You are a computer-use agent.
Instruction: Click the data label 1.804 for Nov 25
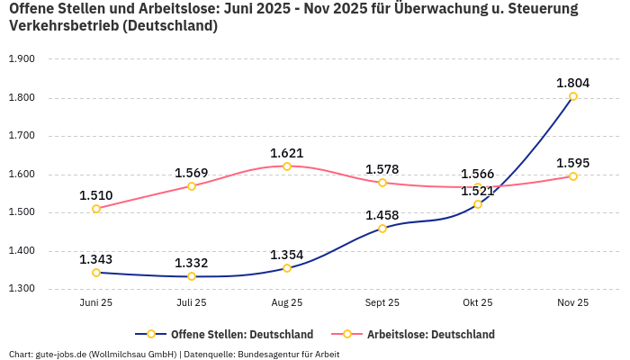coord(572,83)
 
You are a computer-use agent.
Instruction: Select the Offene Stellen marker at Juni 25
coord(96,273)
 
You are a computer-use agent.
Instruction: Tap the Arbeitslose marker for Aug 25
coord(287,166)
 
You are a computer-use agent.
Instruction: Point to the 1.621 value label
coord(287,153)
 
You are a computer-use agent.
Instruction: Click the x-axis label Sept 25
coord(382,303)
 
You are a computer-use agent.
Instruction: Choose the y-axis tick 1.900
coord(21,59)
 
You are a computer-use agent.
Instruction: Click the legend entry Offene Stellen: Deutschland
coord(232,335)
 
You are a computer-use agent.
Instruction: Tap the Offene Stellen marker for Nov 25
coord(572,96)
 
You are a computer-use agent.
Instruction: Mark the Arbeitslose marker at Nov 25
coord(572,176)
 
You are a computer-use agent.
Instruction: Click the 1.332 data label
coord(192,263)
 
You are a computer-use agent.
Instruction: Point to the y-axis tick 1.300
coord(21,290)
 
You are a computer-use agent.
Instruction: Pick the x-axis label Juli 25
coord(192,303)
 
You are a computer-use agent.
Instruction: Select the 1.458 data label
coord(382,215)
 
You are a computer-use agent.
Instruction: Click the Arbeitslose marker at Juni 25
coord(96,209)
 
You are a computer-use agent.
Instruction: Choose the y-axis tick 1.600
coord(21,175)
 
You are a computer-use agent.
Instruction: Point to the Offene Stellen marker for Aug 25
coord(287,268)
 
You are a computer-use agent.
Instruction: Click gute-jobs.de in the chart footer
coord(60,355)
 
